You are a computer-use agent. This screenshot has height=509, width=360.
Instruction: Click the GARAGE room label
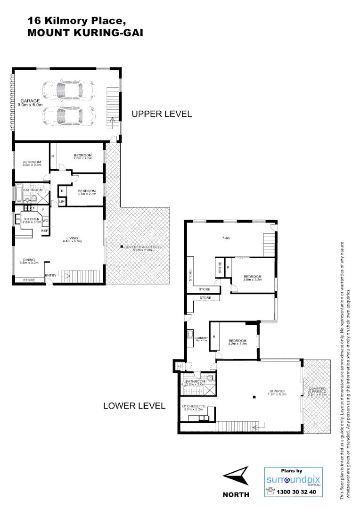point(29,100)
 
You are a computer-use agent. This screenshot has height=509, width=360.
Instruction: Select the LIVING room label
point(72,238)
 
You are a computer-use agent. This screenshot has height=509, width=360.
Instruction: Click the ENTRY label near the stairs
point(50,276)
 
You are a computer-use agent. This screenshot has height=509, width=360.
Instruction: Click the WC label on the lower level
point(180,366)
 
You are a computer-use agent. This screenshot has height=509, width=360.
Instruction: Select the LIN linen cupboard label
point(61,202)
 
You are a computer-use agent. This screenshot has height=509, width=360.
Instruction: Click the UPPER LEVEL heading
point(161,114)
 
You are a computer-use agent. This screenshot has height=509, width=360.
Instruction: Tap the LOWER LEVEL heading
point(134,405)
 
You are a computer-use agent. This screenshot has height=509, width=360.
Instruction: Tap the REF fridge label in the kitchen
point(45,231)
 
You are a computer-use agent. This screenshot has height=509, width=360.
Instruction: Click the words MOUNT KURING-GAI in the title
point(85,33)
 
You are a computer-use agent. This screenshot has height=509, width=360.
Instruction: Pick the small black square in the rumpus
point(254,397)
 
